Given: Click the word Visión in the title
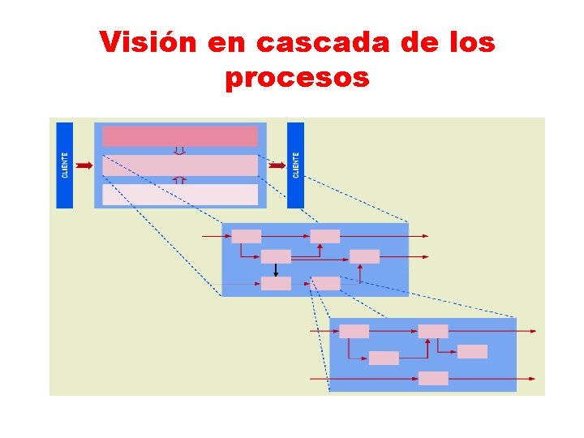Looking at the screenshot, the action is [x=148, y=42].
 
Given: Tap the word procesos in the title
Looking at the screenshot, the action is [x=296, y=78].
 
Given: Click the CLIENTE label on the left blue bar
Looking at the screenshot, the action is [x=65, y=165].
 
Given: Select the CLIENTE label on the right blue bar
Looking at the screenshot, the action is [x=296, y=165].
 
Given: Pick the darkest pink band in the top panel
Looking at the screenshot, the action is [x=180, y=135].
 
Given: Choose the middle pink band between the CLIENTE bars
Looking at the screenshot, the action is [x=180, y=165].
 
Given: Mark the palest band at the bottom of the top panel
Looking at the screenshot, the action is [x=180, y=195].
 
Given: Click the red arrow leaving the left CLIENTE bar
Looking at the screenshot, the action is [x=84, y=165].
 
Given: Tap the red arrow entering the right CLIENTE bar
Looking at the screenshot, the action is [x=277, y=165].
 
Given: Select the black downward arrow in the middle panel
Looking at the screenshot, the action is [x=276, y=270].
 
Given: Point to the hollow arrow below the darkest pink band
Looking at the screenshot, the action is [x=180, y=150].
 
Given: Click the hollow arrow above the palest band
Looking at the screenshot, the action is [x=180, y=180].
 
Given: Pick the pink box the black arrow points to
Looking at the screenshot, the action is [x=276, y=283].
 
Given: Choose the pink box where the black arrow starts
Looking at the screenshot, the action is [x=276, y=256].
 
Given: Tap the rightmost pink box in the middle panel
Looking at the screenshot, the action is [x=364, y=256].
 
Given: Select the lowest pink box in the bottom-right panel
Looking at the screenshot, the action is [x=433, y=378].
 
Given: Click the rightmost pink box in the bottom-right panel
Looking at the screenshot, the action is [x=472, y=351].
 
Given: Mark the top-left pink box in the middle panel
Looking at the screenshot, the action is [x=247, y=236].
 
